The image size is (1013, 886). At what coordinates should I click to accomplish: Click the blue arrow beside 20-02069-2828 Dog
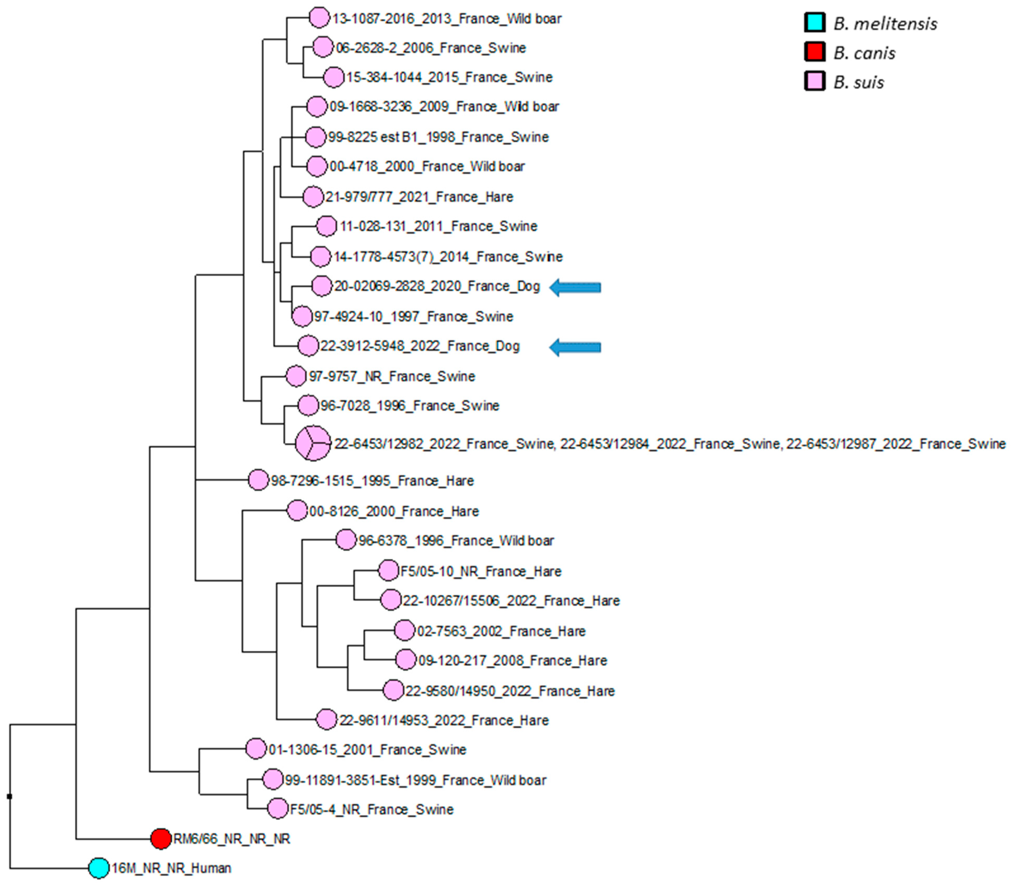(x=575, y=287)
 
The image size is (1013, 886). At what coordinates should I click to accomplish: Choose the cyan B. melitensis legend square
(x=814, y=23)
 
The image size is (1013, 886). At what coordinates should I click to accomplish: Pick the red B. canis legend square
(x=814, y=52)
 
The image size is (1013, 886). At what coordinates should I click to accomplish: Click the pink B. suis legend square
(x=814, y=82)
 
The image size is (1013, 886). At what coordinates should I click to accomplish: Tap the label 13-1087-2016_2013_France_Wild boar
(x=447, y=19)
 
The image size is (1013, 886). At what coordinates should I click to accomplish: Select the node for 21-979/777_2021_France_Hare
(x=313, y=197)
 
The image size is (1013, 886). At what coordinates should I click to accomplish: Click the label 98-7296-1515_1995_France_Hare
(x=372, y=480)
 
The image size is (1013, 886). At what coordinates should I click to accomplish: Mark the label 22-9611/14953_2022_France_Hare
(x=444, y=720)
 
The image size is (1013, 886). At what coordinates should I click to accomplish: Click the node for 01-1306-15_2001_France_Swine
(x=256, y=749)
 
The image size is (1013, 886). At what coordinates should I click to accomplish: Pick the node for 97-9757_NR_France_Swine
(x=296, y=376)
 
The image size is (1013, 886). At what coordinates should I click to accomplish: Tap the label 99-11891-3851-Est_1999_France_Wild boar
(x=415, y=780)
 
